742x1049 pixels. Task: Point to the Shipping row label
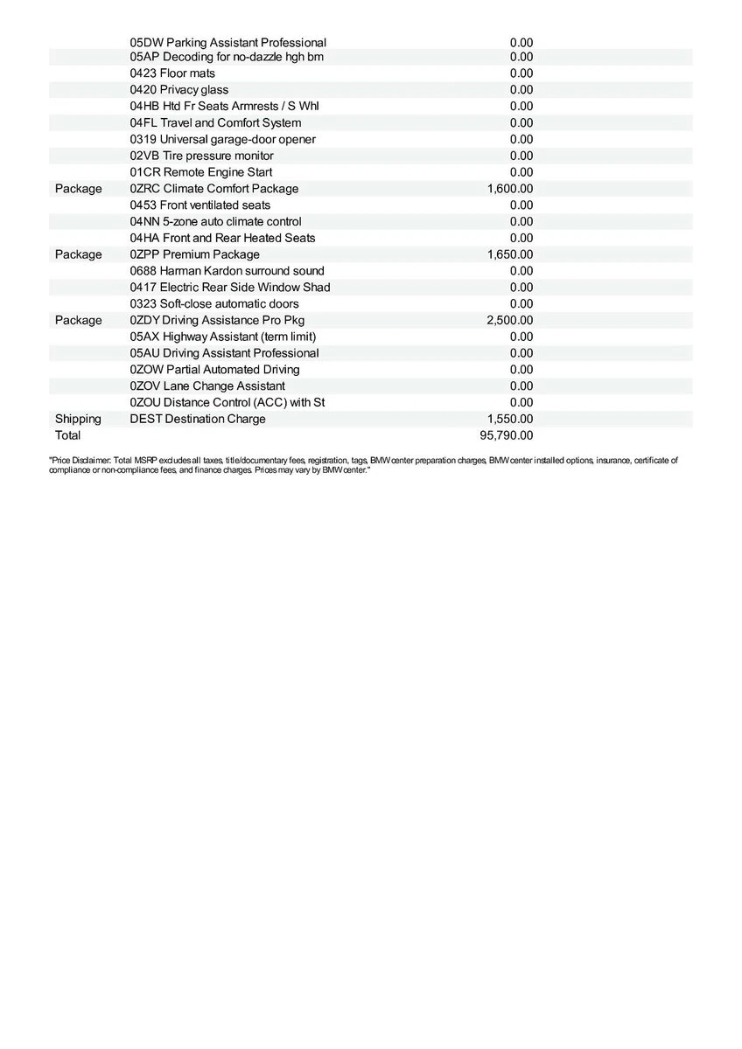[78, 419]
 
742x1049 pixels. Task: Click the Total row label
[67, 435]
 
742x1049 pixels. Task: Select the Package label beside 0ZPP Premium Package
[78, 254]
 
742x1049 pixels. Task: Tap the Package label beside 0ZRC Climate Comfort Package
[78, 189]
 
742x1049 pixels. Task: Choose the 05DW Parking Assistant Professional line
[227, 42]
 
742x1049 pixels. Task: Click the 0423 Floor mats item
[172, 73]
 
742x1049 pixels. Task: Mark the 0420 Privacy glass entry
[178, 90]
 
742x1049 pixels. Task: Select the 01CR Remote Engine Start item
[200, 172]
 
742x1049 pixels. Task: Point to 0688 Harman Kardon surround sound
[227, 271]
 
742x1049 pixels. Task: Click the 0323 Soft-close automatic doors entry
[213, 304]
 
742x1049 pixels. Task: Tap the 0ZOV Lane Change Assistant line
[206, 386]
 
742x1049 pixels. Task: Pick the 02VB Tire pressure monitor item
[201, 156]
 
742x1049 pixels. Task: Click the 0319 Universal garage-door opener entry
[222, 140]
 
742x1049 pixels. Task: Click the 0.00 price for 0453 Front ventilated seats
[521, 205]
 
